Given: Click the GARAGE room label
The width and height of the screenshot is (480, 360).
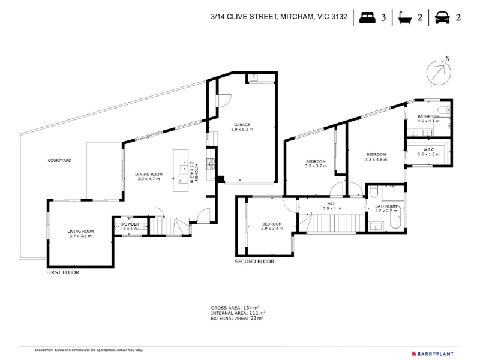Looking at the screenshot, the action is click(x=242, y=125).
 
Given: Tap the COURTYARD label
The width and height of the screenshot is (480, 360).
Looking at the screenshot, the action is click(x=59, y=160).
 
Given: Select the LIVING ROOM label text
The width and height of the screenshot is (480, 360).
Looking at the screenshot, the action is click(x=80, y=231).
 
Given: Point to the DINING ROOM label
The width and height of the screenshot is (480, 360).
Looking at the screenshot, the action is click(x=149, y=174).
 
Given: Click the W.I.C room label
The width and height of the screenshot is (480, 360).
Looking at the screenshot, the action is click(x=428, y=149).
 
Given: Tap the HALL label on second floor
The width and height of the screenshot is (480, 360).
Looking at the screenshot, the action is click(x=332, y=203).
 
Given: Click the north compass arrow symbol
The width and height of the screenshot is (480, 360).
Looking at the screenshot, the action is click(x=439, y=73).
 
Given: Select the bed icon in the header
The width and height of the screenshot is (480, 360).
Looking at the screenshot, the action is click(x=367, y=17).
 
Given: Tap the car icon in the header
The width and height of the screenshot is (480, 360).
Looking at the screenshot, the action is click(x=442, y=17).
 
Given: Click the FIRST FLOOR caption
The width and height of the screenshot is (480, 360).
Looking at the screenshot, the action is click(x=63, y=272).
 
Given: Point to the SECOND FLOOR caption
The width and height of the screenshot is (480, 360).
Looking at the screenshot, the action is click(x=254, y=262).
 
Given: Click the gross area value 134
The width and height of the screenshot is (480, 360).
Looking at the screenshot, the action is click(x=248, y=308).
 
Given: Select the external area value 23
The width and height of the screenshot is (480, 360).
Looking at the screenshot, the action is click(x=253, y=318).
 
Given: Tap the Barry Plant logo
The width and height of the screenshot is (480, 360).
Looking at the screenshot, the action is click(x=433, y=353).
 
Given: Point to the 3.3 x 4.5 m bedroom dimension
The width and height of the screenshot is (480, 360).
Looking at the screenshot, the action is click(x=376, y=159).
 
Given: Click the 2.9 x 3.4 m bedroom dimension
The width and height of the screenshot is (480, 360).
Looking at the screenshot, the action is click(x=272, y=229).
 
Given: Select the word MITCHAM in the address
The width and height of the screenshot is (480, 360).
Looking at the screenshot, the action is click(x=297, y=17).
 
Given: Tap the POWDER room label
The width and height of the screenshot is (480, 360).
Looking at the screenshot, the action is click(x=131, y=224).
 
